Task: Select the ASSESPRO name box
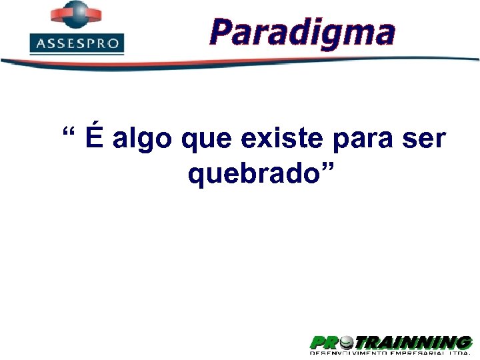click(77, 44)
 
